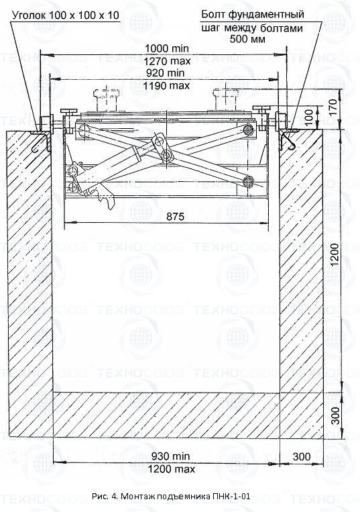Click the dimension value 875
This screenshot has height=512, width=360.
pos(175,216)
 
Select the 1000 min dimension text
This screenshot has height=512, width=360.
pos(167,48)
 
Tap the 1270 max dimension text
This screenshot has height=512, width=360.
pos(168,61)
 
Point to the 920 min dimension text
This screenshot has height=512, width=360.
pos(166,73)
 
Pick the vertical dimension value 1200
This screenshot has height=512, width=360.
pos(335,255)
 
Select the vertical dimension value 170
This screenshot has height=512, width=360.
pos(333,107)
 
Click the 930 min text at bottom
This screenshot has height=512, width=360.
pos(170,456)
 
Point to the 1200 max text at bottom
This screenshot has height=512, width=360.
pos(172,469)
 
